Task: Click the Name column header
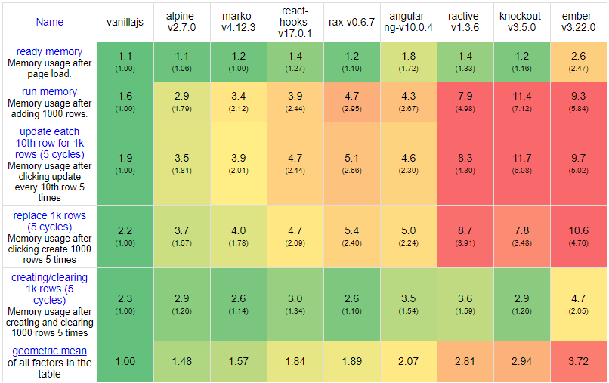point(50,22)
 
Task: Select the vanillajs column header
point(125,22)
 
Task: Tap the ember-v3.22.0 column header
point(577,22)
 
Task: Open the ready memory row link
point(50,51)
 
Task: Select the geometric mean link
point(50,351)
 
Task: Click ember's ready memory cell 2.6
point(577,56)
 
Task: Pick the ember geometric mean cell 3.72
point(577,362)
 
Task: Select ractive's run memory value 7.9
point(465,97)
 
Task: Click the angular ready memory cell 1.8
point(409,56)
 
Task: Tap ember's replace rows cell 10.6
point(577,230)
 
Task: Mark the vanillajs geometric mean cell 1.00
point(125,362)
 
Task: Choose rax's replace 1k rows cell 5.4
point(352,230)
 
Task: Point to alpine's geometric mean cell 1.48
point(182,362)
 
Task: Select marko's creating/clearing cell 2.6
point(239,298)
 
